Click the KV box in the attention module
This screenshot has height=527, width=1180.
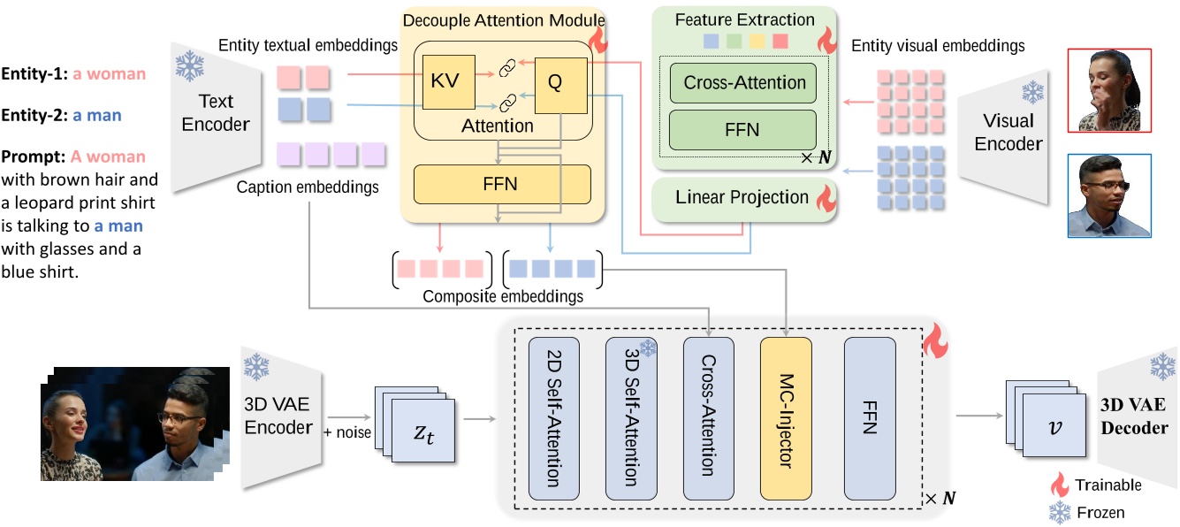coord(448,82)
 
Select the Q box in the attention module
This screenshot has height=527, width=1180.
coord(555,82)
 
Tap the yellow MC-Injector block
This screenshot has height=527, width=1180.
coord(786,418)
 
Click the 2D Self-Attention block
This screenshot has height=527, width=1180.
coord(553,418)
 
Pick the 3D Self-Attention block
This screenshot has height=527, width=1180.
coord(631,418)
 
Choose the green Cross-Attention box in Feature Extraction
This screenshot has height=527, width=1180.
coord(743,83)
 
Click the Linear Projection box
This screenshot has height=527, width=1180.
coord(742,198)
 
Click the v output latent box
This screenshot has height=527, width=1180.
coord(1053,424)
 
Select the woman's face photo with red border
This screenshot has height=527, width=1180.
coord(1109,89)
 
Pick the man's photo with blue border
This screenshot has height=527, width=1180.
coord(1109,196)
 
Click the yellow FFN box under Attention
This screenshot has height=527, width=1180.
coord(501,185)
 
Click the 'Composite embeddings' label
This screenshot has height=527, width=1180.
coord(503,297)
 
